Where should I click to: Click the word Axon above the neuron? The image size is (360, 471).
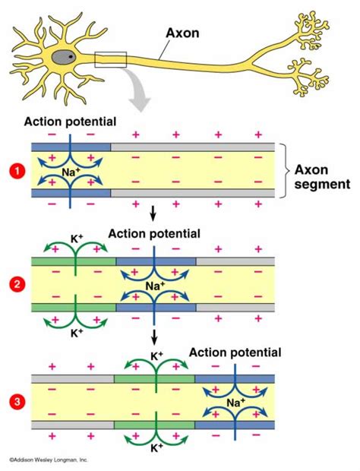pyautogui.click(x=183, y=33)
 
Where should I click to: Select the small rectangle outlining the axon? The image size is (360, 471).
pyautogui.click(x=110, y=59)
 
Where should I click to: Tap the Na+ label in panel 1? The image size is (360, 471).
pyautogui.click(x=71, y=172)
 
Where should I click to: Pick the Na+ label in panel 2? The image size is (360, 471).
pyautogui.click(x=155, y=286)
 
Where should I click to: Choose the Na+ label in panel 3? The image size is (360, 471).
pyautogui.click(x=235, y=401)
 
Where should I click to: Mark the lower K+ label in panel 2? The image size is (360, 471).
pyautogui.click(x=77, y=333)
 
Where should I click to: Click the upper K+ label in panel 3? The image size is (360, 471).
pyautogui.click(x=157, y=355)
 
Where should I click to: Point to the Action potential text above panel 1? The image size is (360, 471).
pyautogui.click(x=70, y=121)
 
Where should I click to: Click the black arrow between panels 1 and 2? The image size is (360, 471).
pyautogui.click(x=155, y=211)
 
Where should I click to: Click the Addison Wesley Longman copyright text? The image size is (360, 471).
pyautogui.click(x=49, y=460)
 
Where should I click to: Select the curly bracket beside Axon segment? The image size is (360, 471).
pyautogui.click(x=284, y=171)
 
